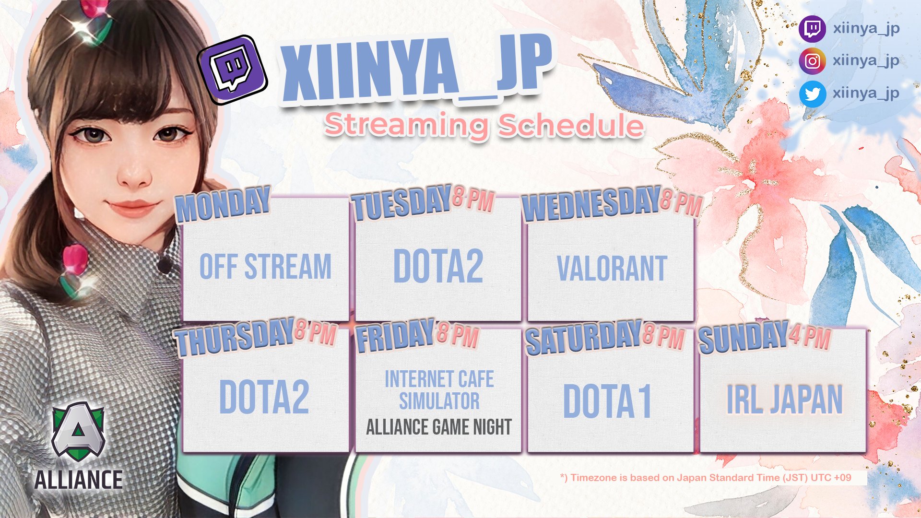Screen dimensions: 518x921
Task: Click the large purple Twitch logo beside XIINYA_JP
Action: click(x=233, y=70)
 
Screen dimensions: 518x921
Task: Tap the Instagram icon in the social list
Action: click(x=812, y=61)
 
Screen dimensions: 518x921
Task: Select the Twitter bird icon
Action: click(x=812, y=94)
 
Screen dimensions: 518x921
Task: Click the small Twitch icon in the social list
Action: click(x=812, y=29)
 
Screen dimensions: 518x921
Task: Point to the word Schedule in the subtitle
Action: click(x=571, y=126)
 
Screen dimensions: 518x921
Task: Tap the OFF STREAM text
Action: click(x=265, y=267)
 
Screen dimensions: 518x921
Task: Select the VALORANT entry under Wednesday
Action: click(x=612, y=269)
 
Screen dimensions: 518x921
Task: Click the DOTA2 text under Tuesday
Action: click(x=438, y=267)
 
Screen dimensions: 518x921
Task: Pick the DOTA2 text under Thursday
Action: click(x=264, y=397)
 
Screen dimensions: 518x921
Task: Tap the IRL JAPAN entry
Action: click(x=784, y=400)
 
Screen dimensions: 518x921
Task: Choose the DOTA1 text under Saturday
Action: click(x=607, y=401)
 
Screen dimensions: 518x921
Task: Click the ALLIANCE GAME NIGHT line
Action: click(x=438, y=427)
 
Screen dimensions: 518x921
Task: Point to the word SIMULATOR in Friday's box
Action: click(x=439, y=401)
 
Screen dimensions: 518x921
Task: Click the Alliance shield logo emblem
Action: click(x=78, y=432)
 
